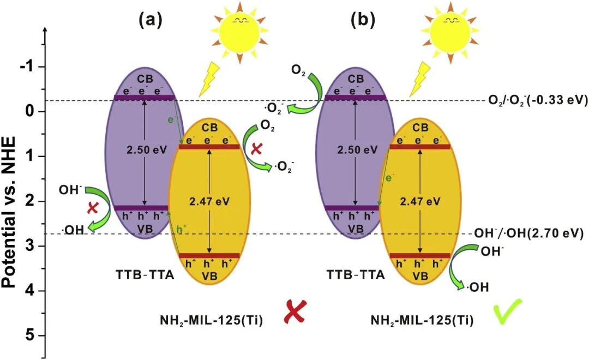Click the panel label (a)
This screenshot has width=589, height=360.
point(151,20)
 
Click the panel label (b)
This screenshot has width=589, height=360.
point(363,20)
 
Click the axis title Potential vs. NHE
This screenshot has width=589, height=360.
point(9,212)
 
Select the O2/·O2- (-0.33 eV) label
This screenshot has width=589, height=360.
point(538,100)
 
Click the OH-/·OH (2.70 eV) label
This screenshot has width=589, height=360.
point(529,234)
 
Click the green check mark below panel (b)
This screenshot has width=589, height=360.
point(507,311)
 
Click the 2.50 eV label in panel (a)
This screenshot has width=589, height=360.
point(147,150)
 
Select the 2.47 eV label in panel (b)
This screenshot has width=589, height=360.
point(419,202)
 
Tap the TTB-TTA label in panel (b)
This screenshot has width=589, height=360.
point(356,275)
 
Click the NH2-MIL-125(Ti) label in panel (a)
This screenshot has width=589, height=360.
point(211,321)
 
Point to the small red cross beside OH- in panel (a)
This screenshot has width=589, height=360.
point(93,208)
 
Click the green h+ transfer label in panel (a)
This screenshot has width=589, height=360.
point(182,229)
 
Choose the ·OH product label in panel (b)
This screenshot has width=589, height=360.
point(478,287)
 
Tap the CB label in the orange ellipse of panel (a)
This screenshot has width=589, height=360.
point(209,128)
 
